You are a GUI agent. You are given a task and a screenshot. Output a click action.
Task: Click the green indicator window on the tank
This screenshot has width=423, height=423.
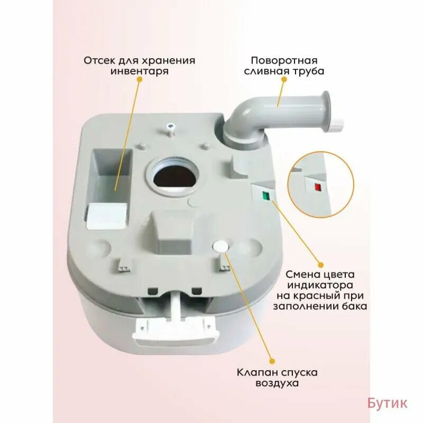tap(266, 195)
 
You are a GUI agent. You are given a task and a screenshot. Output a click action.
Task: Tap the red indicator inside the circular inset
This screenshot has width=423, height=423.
tap(317, 187)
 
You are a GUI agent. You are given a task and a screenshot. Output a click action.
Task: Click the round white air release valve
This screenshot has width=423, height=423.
tap(220, 246)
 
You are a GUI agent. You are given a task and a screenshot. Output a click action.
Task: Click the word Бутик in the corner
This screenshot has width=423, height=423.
tap(388, 403)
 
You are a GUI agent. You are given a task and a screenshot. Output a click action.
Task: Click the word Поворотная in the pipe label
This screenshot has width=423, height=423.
tap(284, 60)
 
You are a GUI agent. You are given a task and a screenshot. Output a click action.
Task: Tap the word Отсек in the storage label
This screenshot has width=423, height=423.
tap(99, 60)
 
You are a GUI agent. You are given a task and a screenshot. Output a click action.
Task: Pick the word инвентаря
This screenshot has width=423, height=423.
tap(139, 71)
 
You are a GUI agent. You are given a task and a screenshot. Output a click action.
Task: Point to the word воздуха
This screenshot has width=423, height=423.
tap(277, 383)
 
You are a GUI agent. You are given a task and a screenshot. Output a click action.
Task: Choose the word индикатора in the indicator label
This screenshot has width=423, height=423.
tap(320, 285)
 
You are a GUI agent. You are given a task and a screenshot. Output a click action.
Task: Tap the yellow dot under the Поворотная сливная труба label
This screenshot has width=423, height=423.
tap(284, 79)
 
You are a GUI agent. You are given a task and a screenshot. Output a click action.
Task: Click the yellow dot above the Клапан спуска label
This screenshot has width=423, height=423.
tap(272, 361)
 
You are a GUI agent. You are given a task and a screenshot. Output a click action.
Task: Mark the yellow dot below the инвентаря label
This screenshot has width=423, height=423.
tap(139, 79)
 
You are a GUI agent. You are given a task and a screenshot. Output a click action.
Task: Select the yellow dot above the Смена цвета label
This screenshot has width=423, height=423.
tap(320, 265)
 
